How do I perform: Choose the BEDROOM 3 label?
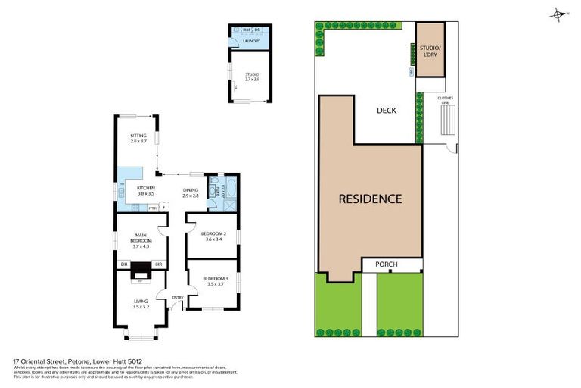pos(213,281)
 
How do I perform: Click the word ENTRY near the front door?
pos(178,297)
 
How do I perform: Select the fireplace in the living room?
pos(141,271)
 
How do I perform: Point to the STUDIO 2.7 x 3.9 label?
pos(251,76)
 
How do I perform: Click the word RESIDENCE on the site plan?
pos(369,199)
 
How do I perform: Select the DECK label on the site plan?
pos(387,111)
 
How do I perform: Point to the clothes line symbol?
pos(447,119)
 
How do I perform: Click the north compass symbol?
pos(558,14)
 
